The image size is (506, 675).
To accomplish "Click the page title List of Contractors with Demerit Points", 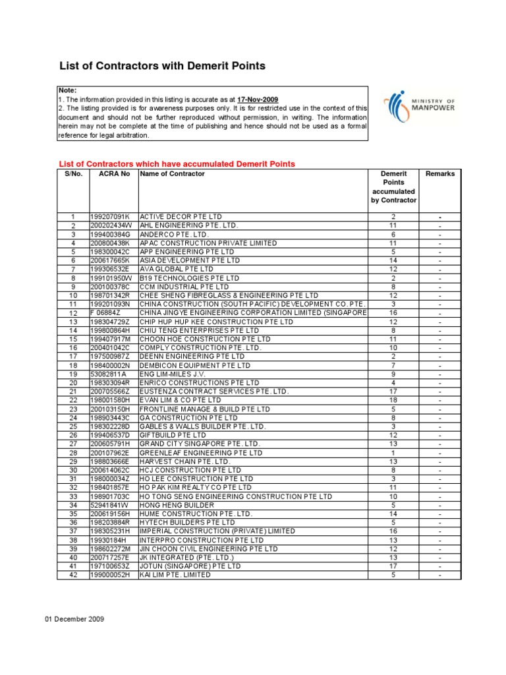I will tap(163, 66).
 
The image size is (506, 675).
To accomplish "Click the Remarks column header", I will tap(440, 174).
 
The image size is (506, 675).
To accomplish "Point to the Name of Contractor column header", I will tap(172, 174).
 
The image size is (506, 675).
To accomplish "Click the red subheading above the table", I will tap(177, 163).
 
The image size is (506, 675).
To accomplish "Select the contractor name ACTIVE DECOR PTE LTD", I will tap(181, 216).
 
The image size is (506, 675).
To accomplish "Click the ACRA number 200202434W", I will tap(111, 225).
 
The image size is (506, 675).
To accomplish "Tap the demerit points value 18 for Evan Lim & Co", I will tap(393, 401).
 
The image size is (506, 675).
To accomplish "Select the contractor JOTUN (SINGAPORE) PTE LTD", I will tap(190, 566).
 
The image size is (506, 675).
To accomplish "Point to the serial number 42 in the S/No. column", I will tap(73, 575).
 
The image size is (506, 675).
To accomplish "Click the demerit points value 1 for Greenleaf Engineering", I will tap(393, 453).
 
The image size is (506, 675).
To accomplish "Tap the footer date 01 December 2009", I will tap(74, 619).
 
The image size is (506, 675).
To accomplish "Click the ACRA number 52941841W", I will tap(111, 505).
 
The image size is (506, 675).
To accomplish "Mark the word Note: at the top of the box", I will tap(67, 90).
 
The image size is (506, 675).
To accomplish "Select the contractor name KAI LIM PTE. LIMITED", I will tap(175, 575).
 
